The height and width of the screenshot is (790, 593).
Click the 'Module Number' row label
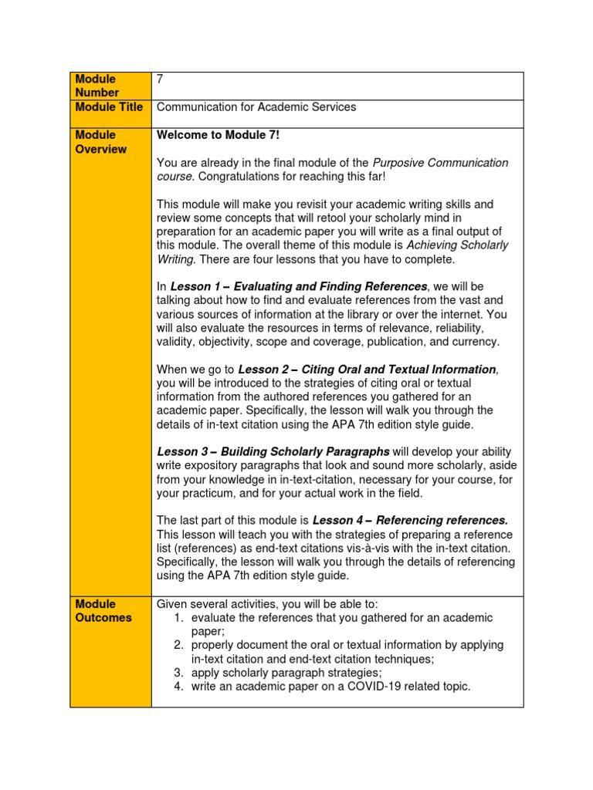96,86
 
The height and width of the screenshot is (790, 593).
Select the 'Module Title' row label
109,107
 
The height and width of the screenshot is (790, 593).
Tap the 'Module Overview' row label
100,142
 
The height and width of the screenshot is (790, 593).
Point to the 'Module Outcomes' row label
103,611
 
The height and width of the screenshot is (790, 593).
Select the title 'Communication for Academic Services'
256,107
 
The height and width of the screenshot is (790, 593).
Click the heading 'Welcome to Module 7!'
219,135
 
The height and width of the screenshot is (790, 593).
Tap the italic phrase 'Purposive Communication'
440,163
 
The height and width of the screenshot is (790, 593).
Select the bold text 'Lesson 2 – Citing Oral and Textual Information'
367,370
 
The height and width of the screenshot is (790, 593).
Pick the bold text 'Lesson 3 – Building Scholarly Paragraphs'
273,451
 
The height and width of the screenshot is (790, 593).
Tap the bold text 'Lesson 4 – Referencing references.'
410,521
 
